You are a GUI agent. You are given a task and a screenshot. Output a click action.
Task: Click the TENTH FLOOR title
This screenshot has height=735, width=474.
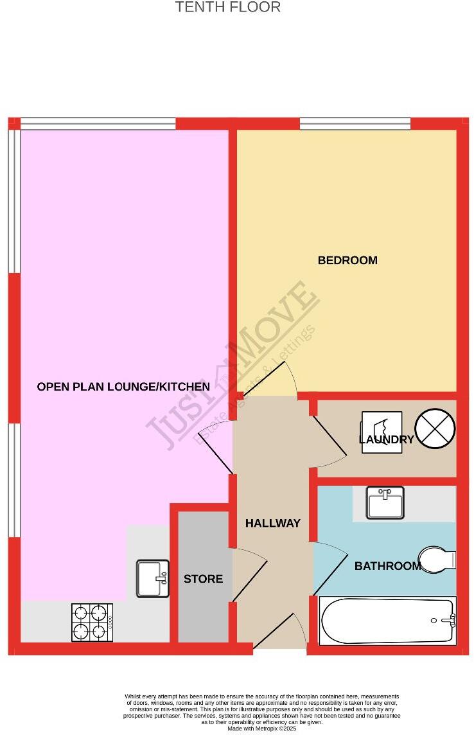[x=228, y=8]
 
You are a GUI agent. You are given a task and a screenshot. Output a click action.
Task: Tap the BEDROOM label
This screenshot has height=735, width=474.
[x=347, y=260]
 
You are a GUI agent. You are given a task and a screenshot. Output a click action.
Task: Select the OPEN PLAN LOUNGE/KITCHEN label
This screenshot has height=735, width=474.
[x=123, y=387]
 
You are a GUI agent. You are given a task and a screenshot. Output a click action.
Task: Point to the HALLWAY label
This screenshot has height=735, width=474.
[x=272, y=523]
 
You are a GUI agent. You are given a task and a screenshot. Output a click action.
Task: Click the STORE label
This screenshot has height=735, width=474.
[x=203, y=579]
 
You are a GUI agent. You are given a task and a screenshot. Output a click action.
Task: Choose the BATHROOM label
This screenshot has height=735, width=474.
[x=387, y=566]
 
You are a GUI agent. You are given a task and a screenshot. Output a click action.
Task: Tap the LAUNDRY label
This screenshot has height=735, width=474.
[x=386, y=439]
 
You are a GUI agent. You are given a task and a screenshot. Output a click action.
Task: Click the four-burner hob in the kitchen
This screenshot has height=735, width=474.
[x=92, y=622]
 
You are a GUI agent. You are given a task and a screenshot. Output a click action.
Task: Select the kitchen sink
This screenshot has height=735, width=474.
[x=153, y=578]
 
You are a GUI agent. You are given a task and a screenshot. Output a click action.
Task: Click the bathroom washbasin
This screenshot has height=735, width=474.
[x=385, y=502]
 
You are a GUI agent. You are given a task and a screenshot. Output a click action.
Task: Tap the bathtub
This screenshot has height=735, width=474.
[x=388, y=621]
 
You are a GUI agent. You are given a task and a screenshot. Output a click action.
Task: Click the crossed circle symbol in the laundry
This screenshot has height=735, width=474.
[x=435, y=429]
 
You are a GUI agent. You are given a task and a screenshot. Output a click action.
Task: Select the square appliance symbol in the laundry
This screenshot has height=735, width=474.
[x=382, y=432]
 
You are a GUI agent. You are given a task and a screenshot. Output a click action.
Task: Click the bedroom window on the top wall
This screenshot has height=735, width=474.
[x=355, y=123]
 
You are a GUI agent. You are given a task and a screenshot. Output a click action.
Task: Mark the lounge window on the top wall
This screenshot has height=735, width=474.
[x=98, y=123]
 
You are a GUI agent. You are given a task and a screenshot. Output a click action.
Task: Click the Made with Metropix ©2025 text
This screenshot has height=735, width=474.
[x=261, y=728]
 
